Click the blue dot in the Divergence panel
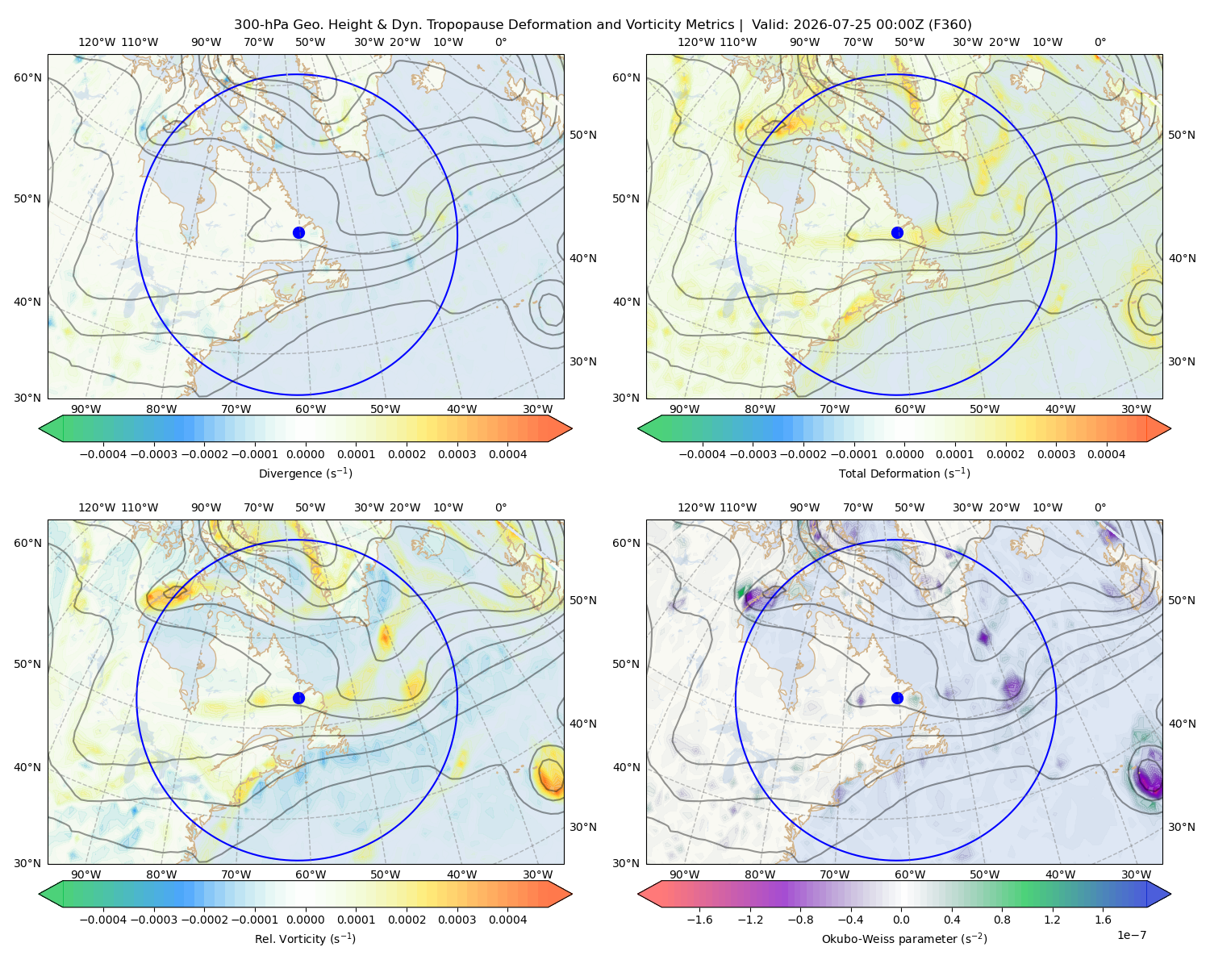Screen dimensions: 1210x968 tap(298, 233)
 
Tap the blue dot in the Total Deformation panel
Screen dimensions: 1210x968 tap(897, 233)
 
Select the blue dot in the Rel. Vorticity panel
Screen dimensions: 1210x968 tap(298, 698)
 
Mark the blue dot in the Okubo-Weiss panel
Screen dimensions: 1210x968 tap(897, 698)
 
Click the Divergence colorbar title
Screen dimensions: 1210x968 tap(305, 474)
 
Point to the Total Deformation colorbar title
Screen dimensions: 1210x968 tap(904, 474)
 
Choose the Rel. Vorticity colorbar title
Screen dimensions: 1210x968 tap(305, 939)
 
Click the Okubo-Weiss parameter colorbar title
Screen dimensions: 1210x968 tap(904, 939)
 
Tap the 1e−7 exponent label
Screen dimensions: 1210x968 tap(1131, 936)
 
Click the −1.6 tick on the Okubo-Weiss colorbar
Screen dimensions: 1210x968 tap(699, 920)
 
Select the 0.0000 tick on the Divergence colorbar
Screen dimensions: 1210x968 tap(305, 454)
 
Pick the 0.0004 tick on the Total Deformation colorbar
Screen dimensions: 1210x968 tap(1106, 454)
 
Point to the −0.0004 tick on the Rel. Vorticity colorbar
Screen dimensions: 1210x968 tap(103, 920)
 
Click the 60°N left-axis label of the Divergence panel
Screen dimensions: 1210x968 tap(27, 77)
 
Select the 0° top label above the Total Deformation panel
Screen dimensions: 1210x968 tap(1099, 42)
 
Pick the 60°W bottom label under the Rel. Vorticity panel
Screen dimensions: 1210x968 tap(311, 874)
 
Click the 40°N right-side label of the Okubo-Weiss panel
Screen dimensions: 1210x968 tap(1182, 724)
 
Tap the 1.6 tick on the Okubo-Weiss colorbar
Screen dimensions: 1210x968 tap(1104, 920)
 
